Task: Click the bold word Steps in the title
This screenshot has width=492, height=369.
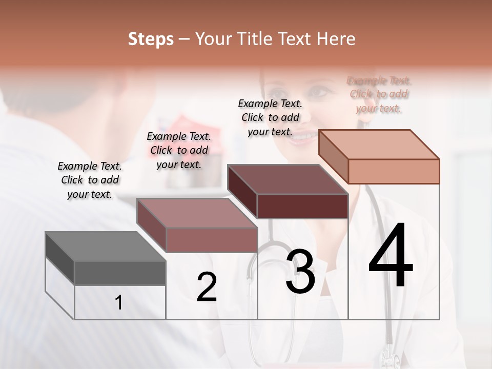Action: [x=151, y=39]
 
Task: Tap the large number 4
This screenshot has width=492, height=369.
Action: [x=391, y=256]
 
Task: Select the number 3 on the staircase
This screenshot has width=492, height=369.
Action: [x=300, y=272]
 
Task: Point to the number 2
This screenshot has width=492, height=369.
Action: [x=207, y=288]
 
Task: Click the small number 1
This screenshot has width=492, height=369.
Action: [x=118, y=303]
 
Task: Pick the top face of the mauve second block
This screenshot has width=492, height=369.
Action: [x=197, y=213]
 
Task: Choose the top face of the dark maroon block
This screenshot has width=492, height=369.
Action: [x=288, y=179]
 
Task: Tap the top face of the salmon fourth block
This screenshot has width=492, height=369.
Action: [x=379, y=145]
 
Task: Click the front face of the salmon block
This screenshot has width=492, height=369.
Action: [x=394, y=171]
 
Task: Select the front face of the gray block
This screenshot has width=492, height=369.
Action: [x=120, y=273]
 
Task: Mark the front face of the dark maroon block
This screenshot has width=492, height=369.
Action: [x=302, y=206]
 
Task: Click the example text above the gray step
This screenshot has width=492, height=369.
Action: [x=90, y=180]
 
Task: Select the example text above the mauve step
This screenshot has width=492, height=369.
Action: [x=179, y=150]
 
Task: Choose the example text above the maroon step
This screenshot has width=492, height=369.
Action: [x=270, y=117]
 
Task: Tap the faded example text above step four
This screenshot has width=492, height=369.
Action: [x=379, y=94]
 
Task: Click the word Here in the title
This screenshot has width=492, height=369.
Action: [x=337, y=39]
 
